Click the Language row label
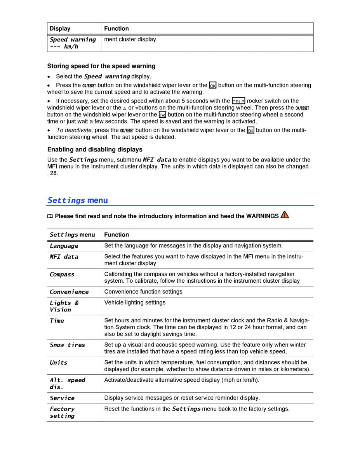64,246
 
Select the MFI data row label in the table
64,257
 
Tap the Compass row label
62,274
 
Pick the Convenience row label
69,292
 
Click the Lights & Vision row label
64,306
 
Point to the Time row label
57,320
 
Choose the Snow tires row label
67,345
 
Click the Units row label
58,362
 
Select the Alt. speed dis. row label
67,383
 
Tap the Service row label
62,398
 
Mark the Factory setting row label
62,412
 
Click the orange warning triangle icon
285,215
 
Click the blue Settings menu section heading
78,200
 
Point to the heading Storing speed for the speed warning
101,66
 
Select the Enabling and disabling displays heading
95,150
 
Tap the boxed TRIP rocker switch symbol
238,101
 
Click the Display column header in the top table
60,28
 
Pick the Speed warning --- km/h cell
72,43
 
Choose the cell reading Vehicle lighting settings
135,303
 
